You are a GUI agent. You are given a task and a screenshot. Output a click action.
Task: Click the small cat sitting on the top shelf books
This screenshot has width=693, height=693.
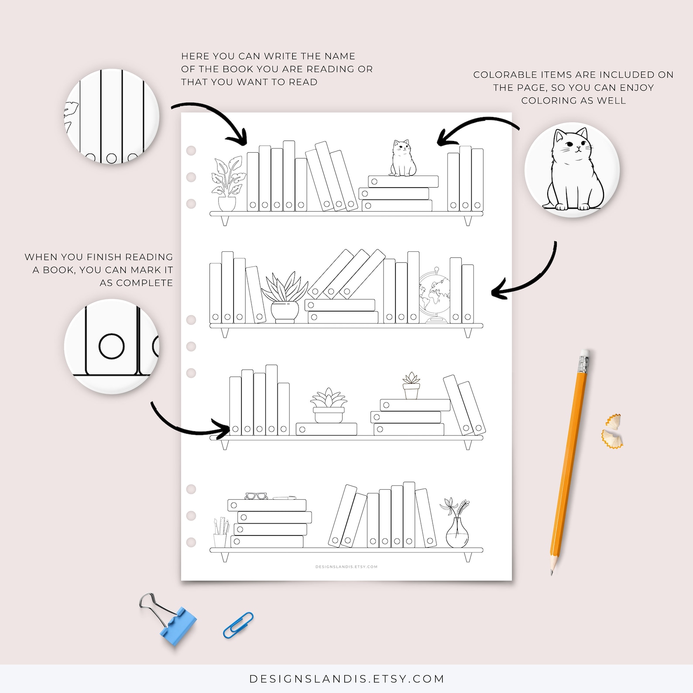402,159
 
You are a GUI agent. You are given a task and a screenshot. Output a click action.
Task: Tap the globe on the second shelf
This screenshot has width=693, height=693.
434,295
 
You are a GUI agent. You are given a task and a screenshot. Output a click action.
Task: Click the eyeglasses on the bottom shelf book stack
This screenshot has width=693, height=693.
256,496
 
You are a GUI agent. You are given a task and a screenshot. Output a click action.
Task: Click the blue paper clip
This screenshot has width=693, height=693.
238,625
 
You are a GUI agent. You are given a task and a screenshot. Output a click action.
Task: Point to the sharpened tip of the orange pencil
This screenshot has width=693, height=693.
552,572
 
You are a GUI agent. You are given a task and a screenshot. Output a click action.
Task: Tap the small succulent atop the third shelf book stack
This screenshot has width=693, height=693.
411,386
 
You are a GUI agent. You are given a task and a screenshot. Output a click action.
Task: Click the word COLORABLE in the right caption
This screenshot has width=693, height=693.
505,75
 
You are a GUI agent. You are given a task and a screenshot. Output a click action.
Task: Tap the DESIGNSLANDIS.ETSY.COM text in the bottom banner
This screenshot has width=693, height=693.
346,679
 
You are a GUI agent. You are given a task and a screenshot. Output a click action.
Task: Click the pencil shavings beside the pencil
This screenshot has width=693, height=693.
613,432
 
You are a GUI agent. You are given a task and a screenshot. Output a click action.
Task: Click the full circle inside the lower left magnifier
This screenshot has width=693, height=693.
112,346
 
